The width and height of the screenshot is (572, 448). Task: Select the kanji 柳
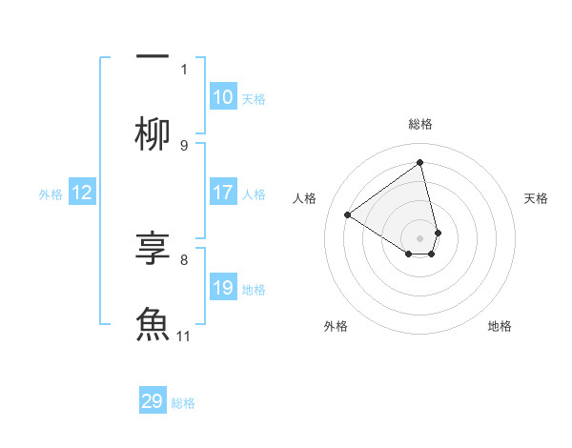pyautogui.click(x=153, y=132)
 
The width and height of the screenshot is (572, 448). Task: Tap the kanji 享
pyautogui.click(x=153, y=250)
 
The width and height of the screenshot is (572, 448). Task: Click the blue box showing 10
pyautogui.click(x=223, y=97)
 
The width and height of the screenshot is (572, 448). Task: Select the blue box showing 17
pyautogui.click(x=223, y=193)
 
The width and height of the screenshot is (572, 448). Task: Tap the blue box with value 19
pyautogui.click(x=223, y=288)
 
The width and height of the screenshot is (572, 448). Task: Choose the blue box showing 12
pyautogui.click(x=82, y=193)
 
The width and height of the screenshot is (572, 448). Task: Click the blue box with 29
pyautogui.click(x=153, y=401)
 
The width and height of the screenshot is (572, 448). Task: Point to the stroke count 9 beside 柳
pyautogui.click(x=184, y=145)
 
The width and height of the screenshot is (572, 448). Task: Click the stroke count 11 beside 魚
pyautogui.click(x=184, y=336)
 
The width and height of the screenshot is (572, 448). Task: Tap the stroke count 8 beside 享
pyautogui.click(x=184, y=259)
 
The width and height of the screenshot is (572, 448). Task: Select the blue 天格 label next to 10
pyautogui.click(x=254, y=98)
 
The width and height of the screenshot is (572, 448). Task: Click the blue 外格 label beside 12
pyautogui.click(x=51, y=193)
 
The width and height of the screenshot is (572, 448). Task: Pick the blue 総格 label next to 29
pyautogui.click(x=183, y=403)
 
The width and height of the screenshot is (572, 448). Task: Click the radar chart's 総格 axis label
pyautogui.click(x=420, y=124)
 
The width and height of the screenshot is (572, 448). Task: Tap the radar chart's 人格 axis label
pyautogui.click(x=305, y=198)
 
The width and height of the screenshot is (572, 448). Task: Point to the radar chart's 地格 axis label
pyautogui.click(x=500, y=326)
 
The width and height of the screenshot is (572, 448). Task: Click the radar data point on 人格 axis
pyautogui.click(x=348, y=214)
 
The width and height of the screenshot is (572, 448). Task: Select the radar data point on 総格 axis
pyautogui.click(x=420, y=162)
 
